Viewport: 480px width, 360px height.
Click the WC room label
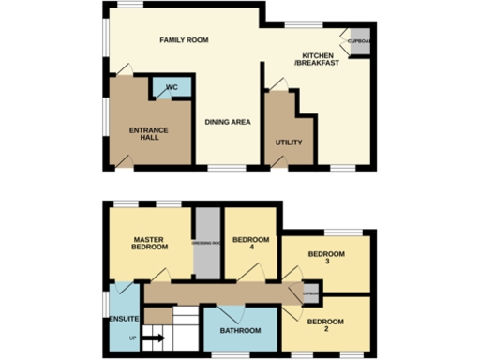coord(172,88)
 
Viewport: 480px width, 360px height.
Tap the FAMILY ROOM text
coord(183,40)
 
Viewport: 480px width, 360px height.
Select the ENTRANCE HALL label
coord(143,132)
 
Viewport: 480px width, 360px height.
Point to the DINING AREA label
coord(228,122)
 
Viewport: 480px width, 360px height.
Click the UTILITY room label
coord(288,142)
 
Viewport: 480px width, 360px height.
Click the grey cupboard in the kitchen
coord(358,42)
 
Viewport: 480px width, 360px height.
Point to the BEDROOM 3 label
coord(326,259)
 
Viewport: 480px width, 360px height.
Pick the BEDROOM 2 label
coord(326,326)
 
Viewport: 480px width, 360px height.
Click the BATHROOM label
coord(240,331)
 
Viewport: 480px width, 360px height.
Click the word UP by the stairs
coord(133,337)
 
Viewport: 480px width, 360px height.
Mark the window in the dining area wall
coord(220,168)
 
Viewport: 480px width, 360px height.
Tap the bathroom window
coord(240,355)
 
